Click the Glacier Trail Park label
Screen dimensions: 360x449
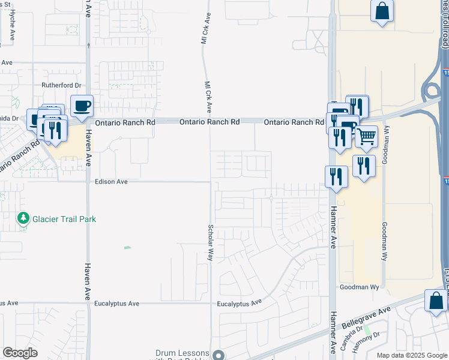pyautogui.click(x=64, y=220)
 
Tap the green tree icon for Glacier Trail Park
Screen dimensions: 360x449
pyautogui.click(x=24, y=219)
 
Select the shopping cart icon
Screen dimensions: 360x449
pyautogui.click(x=366, y=136)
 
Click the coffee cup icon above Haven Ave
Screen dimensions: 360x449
pyautogui.click(x=82, y=106)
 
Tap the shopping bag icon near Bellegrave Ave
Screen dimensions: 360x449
pyautogui.click(x=435, y=301)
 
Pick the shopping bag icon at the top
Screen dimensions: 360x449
pyautogui.click(x=382, y=11)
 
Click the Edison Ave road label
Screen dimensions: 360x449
pyautogui.click(x=111, y=181)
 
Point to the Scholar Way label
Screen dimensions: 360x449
pyautogui.click(x=211, y=242)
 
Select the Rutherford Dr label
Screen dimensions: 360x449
pyautogui.click(x=61, y=86)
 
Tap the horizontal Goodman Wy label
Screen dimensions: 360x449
pyautogui.click(x=360, y=287)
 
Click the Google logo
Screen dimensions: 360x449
pyautogui.click(x=20, y=353)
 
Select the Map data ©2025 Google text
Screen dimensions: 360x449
pyautogui.click(x=412, y=355)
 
